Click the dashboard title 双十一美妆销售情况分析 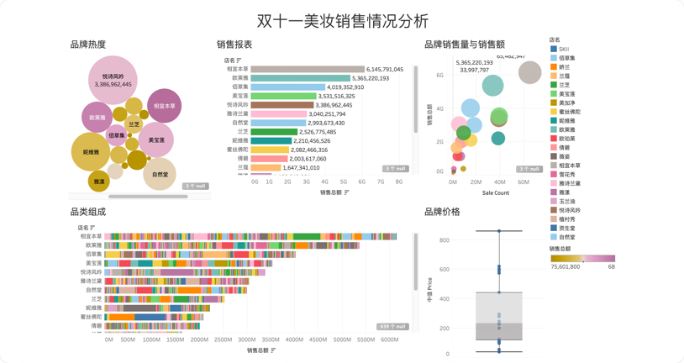[342, 20]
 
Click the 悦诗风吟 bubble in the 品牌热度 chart [113, 80]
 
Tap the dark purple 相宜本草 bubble [164, 106]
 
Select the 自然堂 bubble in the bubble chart [160, 175]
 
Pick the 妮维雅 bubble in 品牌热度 [91, 153]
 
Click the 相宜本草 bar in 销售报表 [308, 70]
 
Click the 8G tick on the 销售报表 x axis [399, 181]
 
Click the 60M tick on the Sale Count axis [524, 181]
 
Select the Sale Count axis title [495, 192]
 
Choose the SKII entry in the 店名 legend [564, 49]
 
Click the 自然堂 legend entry [567, 237]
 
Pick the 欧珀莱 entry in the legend [567, 139]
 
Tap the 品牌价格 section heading [442, 212]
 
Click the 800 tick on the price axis [444, 240]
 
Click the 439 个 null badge [392, 326]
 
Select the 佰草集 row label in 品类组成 [92, 254]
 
